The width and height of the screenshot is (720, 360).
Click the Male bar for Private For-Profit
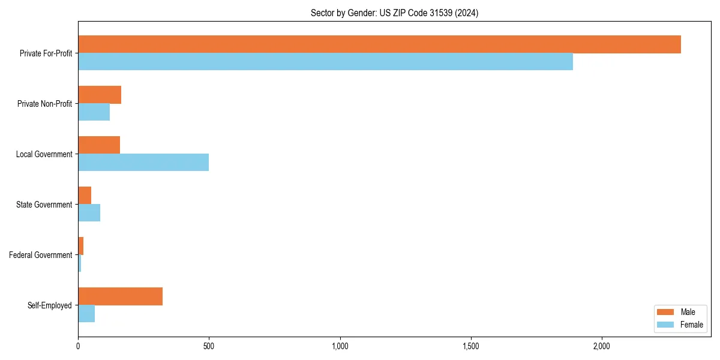click(379, 44)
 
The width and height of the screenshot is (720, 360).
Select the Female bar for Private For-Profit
click(325, 62)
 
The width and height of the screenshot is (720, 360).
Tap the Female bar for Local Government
click(143, 163)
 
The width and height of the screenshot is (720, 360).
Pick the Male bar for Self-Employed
click(120, 296)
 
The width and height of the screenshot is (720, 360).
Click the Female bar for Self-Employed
click(86, 314)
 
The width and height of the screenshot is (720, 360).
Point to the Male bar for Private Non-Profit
click(100, 95)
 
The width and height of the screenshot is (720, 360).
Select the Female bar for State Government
click(89, 213)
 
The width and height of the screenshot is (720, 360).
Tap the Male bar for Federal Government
click(81, 246)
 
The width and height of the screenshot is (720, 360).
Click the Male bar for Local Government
click(99, 145)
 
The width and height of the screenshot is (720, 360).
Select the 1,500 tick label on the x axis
click(470, 346)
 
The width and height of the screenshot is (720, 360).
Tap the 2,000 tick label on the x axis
click(601, 346)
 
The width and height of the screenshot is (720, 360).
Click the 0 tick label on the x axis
click(78, 346)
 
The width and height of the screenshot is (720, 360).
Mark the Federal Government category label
click(41, 255)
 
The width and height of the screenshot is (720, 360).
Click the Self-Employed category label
click(50, 305)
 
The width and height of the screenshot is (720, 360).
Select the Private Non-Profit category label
click(44, 104)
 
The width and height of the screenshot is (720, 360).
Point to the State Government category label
click(44, 205)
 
